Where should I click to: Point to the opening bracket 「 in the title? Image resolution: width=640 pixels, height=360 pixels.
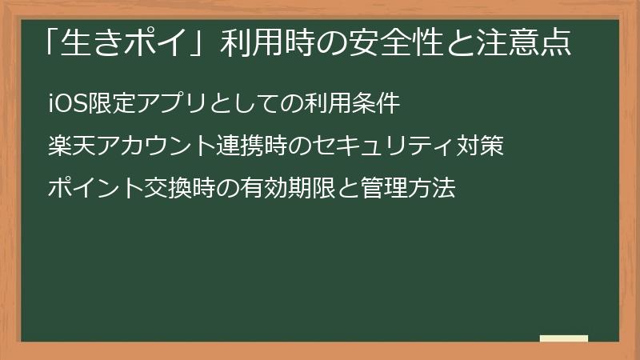54,40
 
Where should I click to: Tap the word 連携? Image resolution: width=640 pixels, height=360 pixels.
239,147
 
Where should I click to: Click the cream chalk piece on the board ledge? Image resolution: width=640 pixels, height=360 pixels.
564,338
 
